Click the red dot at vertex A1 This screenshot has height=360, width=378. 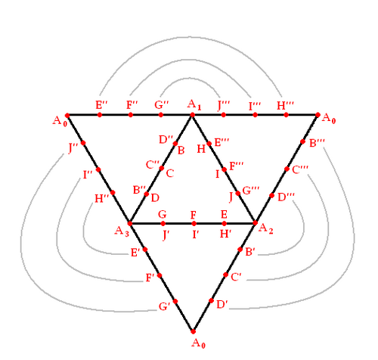click(x=192, y=115)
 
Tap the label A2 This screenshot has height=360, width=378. click(x=265, y=229)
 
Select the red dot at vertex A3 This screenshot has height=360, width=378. click(x=130, y=223)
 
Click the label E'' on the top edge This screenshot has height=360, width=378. click(x=101, y=104)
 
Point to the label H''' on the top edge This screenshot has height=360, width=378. click(x=285, y=105)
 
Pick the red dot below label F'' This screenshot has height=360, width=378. click(x=131, y=115)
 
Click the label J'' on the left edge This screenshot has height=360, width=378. click(x=73, y=148)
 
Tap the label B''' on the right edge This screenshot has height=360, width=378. click(x=317, y=143)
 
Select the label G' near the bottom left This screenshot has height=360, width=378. click(x=165, y=306)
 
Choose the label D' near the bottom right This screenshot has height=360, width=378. click(x=222, y=305)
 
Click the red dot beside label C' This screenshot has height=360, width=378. click(x=226, y=275)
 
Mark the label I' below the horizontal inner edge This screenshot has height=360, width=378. click(x=196, y=234)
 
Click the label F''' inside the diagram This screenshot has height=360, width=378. click(x=237, y=166)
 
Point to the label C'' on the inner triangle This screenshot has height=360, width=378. click(x=153, y=165)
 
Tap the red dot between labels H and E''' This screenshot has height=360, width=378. click(x=209, y=144)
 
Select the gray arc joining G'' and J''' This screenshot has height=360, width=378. click(x=191, y=79)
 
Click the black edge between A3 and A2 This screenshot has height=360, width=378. click(x=193, y=223)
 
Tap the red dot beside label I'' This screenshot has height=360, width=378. click(x=98, y=169)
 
